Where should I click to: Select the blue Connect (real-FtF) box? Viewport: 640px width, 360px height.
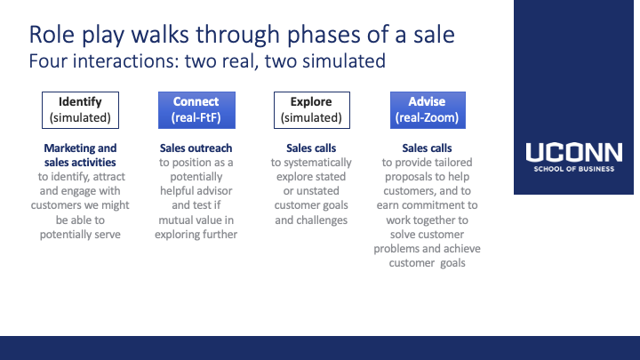196,110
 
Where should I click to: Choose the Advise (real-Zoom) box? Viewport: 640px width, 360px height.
428,110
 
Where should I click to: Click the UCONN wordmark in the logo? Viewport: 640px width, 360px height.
574,152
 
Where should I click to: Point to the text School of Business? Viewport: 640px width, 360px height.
574,169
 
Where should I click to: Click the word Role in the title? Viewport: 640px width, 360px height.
52,35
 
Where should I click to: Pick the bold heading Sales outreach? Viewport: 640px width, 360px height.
196,148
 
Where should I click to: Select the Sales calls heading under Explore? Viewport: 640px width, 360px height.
311,148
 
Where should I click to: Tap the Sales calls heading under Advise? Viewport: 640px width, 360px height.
427,148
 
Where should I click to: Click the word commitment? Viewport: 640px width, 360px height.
432,205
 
